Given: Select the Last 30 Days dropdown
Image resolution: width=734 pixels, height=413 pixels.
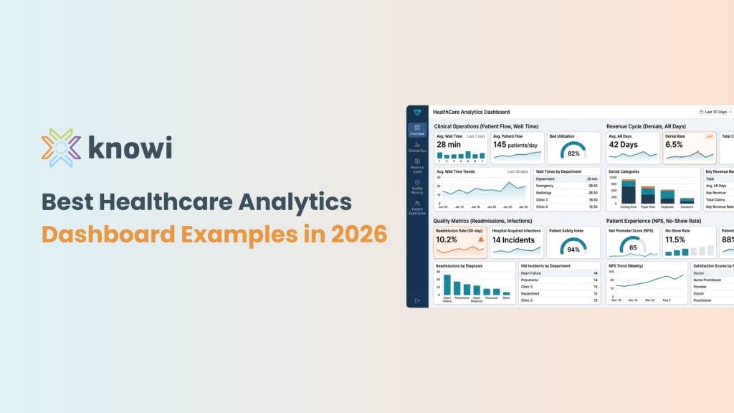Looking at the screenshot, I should click(715, 112).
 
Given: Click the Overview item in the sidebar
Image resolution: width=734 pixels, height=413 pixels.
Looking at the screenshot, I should click(417, 130).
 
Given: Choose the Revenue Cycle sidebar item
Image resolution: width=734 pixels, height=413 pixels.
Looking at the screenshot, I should click(417, 166).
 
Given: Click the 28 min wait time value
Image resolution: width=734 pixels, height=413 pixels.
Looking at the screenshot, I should click(449, 145).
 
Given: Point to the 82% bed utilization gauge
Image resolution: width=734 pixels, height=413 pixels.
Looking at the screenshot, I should click(573, 153).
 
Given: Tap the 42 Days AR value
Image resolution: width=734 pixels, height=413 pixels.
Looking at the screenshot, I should click(624, 145).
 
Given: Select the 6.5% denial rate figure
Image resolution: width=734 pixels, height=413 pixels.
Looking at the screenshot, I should click(675, 145).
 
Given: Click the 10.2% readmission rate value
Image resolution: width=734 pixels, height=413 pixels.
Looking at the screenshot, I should click(447, 240).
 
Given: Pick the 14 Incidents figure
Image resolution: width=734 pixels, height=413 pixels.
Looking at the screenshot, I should click(513, 240).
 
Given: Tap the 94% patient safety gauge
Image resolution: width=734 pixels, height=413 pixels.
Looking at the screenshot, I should click(573, 248).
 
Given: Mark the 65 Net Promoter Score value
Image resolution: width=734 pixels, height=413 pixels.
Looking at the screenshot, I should click(633, 247).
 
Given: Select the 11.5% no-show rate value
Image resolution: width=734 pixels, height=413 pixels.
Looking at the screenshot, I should click(676, 239).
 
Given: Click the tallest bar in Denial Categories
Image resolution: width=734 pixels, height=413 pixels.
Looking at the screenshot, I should click(629, 191).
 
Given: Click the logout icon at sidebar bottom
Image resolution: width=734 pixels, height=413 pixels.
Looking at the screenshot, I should click(417, 300).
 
